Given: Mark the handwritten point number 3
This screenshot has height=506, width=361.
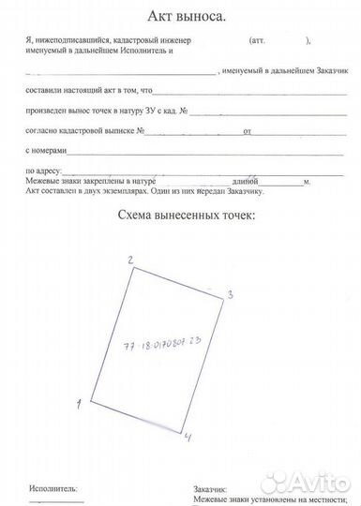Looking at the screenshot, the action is pyautogui.click(x=229, y=294).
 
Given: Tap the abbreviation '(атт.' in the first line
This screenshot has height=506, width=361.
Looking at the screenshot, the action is pyautogui.click(x=258, y=43).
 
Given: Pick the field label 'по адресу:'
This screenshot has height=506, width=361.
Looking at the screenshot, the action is pyautogui.click(x=42, y=171).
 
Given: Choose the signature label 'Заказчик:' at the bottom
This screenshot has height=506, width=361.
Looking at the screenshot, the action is pyautogui.click(x=212, y=488).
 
